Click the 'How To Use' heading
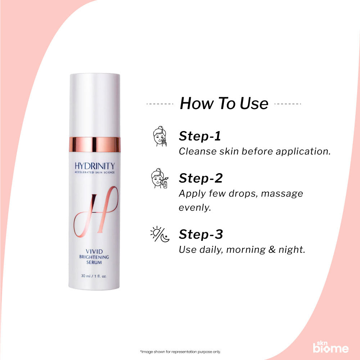point(224,103)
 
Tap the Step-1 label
point(200,136)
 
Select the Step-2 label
point(201,178)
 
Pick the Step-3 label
point(201,234)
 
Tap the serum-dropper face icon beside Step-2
point(159,179)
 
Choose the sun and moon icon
point(159,235)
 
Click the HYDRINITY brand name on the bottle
point(95,166)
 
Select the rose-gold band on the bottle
point(95,144)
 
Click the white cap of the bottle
point(95,104)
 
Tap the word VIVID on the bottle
point(94,251)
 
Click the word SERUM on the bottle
point(94,262)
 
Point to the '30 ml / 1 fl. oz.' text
point(94,276)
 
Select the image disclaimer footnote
point(180,352)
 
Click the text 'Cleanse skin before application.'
point(255,151)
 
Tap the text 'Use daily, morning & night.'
point(242,249)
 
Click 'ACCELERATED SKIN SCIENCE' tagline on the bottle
point(95,173)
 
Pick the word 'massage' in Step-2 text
point(282,194)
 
